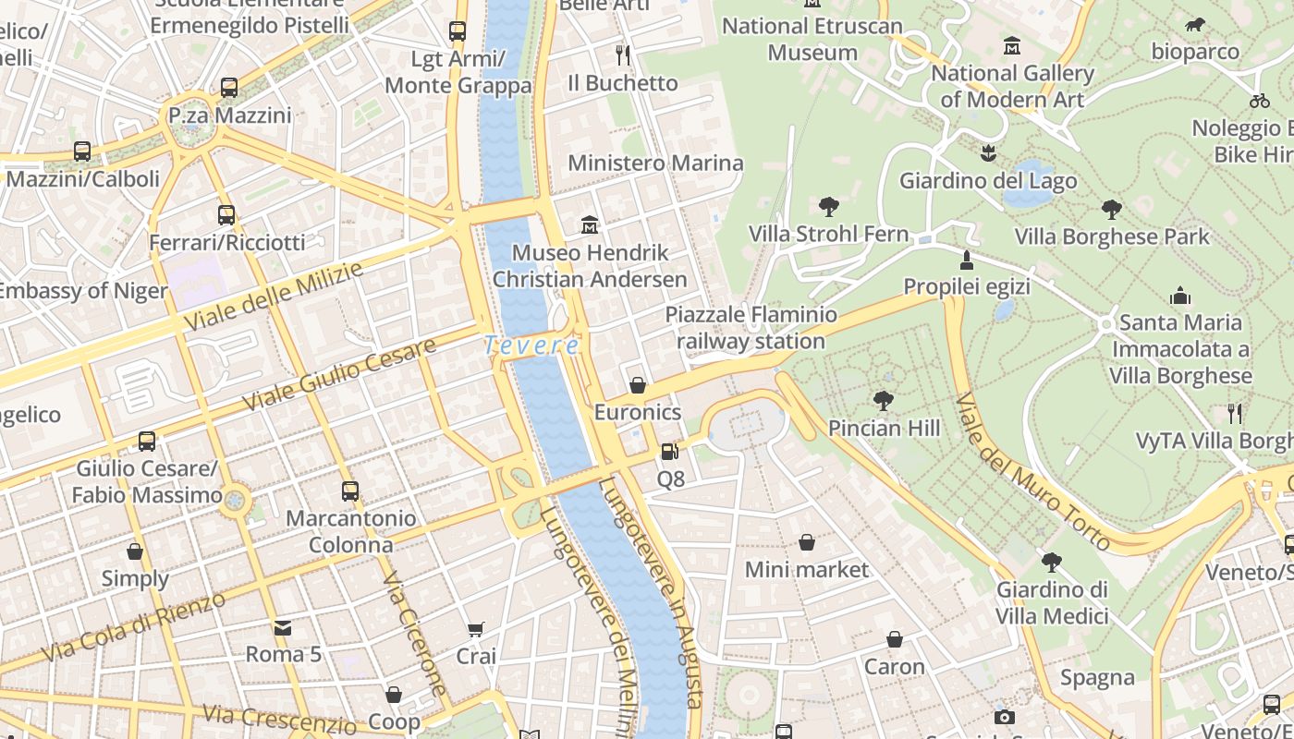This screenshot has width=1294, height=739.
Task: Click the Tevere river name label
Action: tap(531, 345)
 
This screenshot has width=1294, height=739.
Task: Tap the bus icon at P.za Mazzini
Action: tap(229, 88)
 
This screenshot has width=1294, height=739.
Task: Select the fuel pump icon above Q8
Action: tap(670, 452)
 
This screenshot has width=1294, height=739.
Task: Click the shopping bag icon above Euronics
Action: tap(637, 384)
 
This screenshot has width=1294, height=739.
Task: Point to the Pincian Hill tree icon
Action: tap(883, 400)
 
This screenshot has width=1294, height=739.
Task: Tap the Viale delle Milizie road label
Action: tap(274, 297)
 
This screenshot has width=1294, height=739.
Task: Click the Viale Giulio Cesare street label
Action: tap(339, 375)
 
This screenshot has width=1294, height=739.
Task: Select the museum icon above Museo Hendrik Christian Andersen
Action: tap(589, 224)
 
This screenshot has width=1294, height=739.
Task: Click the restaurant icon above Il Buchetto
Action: tap(623, 55)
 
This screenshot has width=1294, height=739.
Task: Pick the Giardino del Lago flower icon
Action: tap(988, 152)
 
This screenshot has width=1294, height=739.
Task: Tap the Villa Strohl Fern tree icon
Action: tap(828, 206)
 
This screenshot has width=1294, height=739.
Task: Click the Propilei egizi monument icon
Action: tap(967, 260)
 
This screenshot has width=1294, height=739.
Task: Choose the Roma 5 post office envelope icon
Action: tap(283, 627)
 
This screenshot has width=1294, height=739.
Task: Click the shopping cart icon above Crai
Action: tap(476, 629)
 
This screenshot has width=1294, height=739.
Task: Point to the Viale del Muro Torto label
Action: tap(1032, 471)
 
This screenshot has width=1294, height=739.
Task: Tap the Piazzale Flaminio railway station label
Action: tap(751, 328)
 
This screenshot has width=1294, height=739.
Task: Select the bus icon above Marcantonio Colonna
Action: tap(349, 491)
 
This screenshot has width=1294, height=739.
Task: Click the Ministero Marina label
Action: tap(655, 164)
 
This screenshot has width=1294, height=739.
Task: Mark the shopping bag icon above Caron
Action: tap(894, 639)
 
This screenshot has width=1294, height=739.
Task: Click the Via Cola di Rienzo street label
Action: tap(121, 631)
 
